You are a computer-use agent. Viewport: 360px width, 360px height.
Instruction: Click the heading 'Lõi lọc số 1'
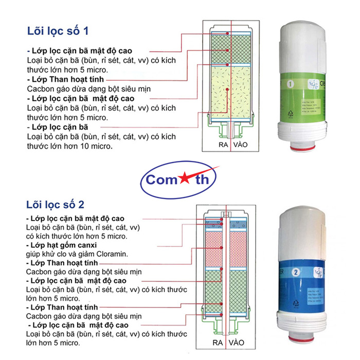tap(58, 31)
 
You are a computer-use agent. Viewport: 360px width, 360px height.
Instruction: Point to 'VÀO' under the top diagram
tap(240, 145)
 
